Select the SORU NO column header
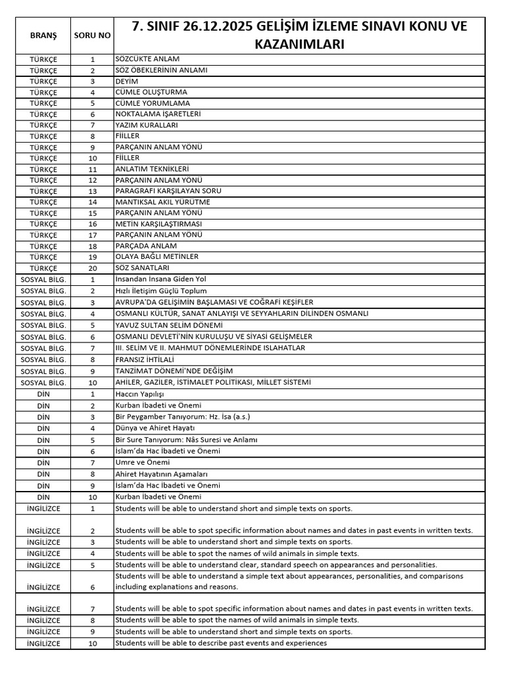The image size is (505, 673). click(93, 35)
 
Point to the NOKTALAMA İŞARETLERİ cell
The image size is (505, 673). click(158, 114)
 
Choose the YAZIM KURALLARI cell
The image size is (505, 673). click(146, 125)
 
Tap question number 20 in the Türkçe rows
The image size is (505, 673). click(93, 267)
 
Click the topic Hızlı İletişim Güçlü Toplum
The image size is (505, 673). click(161, 290)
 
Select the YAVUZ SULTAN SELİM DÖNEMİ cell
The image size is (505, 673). click(169, 325)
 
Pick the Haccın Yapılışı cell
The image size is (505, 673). click(139, 394)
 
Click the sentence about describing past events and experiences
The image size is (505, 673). click(220, 643)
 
